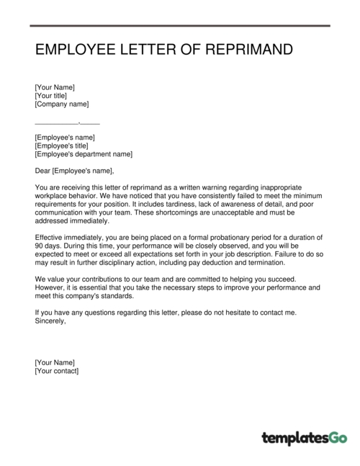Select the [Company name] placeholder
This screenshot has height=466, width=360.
point(61,104)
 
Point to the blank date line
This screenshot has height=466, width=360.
point(67,123)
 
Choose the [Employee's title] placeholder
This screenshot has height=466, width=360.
point(65,145)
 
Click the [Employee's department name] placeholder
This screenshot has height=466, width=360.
point(84,154)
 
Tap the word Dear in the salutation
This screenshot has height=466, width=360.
point(42,171)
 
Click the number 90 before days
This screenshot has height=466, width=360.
point(40,246)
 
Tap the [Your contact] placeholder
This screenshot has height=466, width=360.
point(57,371)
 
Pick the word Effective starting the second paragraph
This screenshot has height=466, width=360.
point(51,237)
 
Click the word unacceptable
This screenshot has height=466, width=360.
point(238,212)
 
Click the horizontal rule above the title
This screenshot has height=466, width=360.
point(180,27)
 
